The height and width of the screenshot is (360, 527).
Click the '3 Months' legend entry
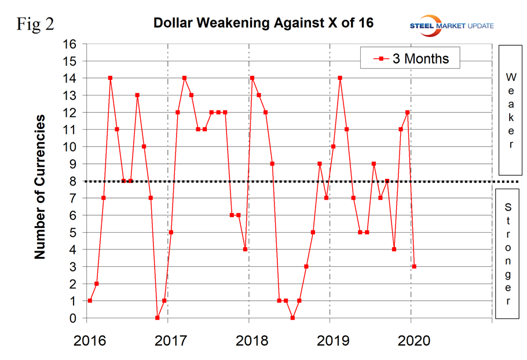click(411, 58)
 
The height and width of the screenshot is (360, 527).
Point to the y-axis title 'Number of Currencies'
click(40, 187)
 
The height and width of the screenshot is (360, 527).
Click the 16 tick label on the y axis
click(69, 44)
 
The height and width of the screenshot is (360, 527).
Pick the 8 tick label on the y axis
click(73, 181)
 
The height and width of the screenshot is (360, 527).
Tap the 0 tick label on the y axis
click(73, 318)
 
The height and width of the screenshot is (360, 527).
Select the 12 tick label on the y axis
click(69, 112)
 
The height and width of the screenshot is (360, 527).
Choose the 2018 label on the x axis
click(248, 340)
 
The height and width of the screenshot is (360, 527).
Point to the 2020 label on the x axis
click(411, 340)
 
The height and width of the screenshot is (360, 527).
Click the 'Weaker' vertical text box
click(510, 110)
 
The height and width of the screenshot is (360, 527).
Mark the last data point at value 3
click(414, 267)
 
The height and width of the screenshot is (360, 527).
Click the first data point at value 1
click(90, 301)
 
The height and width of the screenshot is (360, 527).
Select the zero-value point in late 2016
click(158, 318)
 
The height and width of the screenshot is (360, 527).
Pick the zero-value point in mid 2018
click(292, 318)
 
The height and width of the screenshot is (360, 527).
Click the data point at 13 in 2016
click(137, 95)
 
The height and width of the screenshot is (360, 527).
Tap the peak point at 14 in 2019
click(340, 78)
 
